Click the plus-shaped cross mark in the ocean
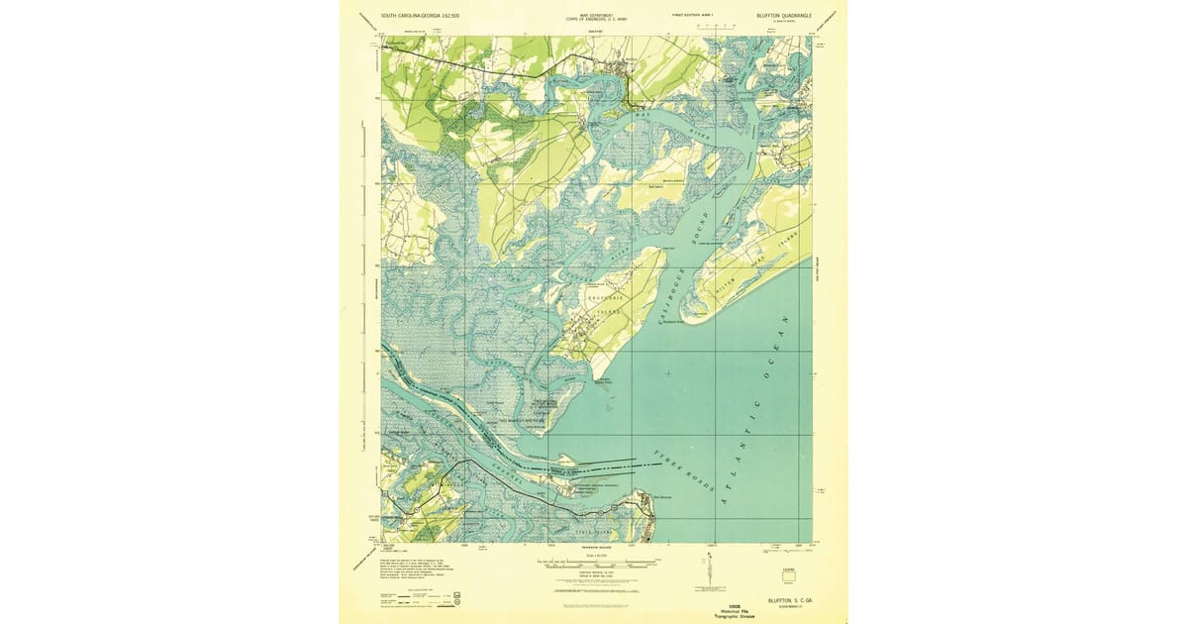coord(669,372)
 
